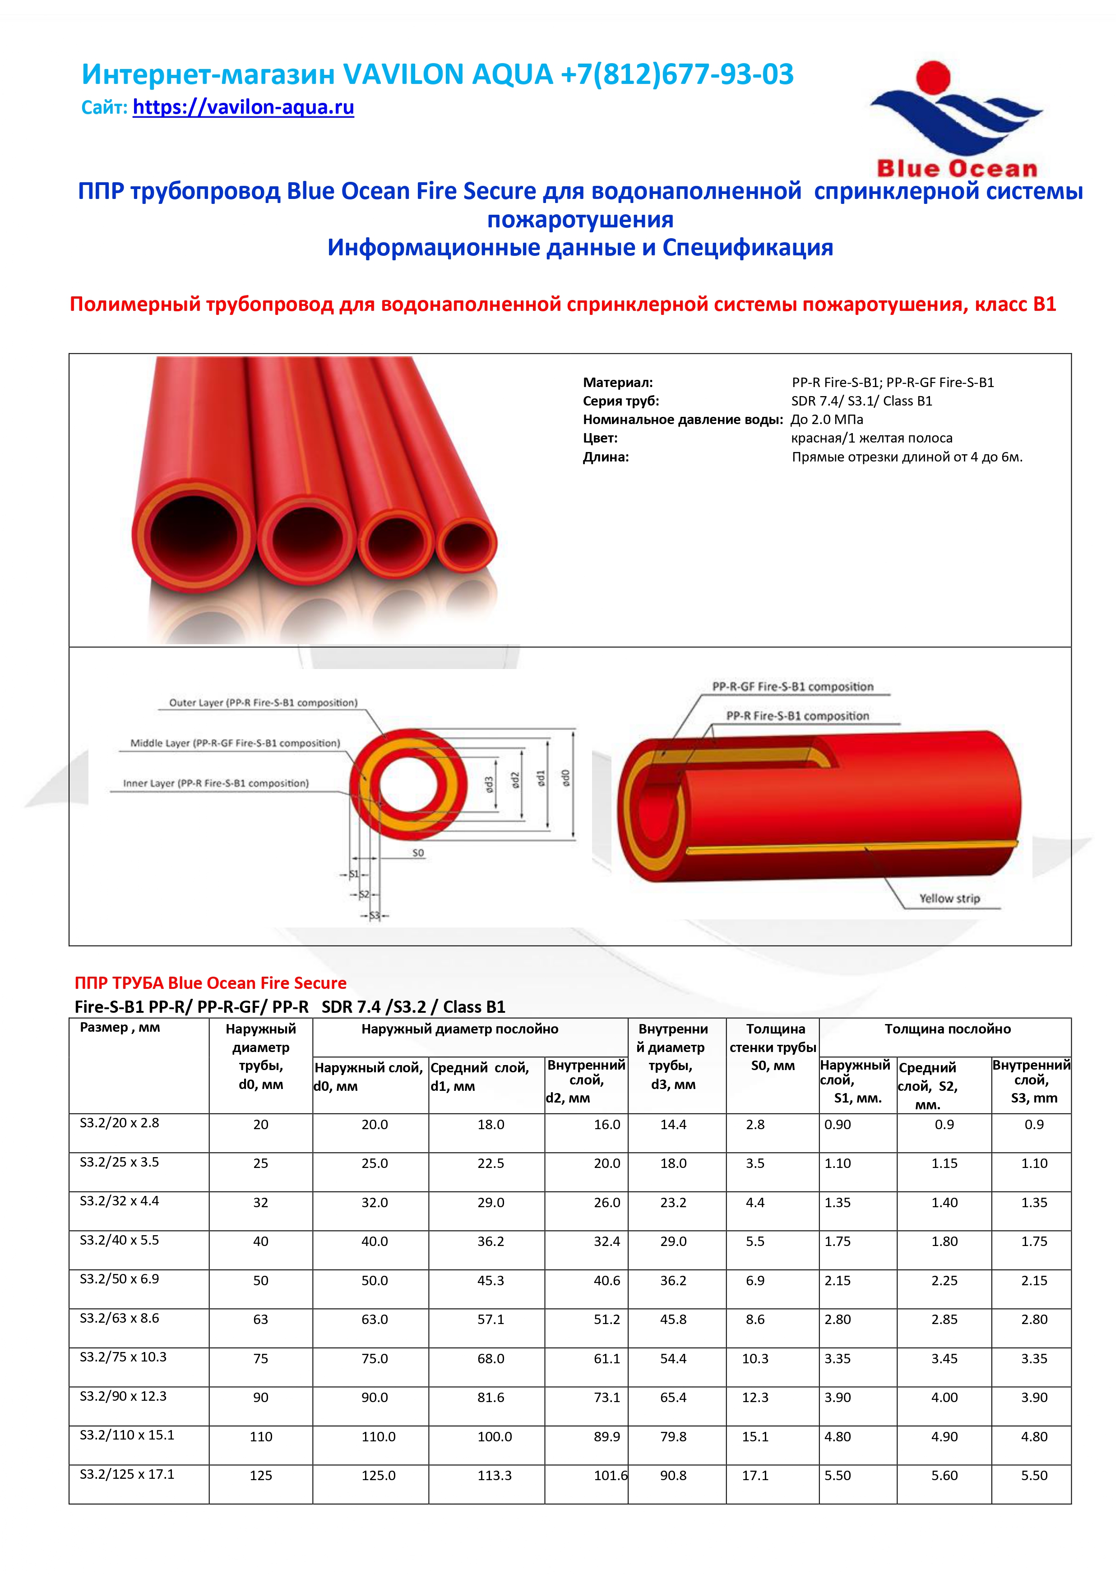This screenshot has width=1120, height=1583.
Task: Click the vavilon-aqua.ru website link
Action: point(243,107)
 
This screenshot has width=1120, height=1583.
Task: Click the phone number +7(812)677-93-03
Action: point(677,74)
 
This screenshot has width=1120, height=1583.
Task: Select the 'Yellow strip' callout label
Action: point(949,898)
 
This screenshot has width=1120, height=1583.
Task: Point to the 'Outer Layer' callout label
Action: point(264,702)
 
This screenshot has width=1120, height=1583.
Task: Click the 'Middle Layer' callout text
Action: point(235,743)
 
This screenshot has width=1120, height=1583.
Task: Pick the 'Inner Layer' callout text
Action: point(216,783)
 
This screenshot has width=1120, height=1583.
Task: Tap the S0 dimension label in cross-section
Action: point(418,853)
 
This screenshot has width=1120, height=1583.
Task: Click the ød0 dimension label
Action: point(565,778)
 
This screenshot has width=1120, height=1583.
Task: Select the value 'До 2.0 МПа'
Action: point(826,419)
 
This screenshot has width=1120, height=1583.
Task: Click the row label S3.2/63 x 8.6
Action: point(119,1318)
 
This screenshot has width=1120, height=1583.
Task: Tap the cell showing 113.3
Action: point(495,1476)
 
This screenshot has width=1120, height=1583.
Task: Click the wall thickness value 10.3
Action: point(755,1358)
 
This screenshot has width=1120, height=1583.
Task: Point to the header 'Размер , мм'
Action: point(120,1027)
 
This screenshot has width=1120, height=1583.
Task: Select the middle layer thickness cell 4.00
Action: point(944,1398)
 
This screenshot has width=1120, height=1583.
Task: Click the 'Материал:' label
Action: point(617,382)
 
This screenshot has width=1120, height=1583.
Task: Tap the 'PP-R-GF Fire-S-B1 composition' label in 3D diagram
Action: point(792,687)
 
